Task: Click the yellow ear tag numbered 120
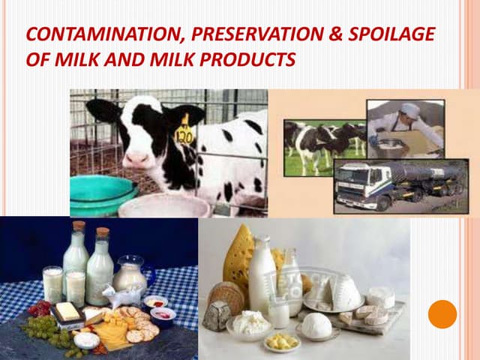point(184,134)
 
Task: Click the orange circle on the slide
point(442,313)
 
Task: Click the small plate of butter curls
point(283,342)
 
